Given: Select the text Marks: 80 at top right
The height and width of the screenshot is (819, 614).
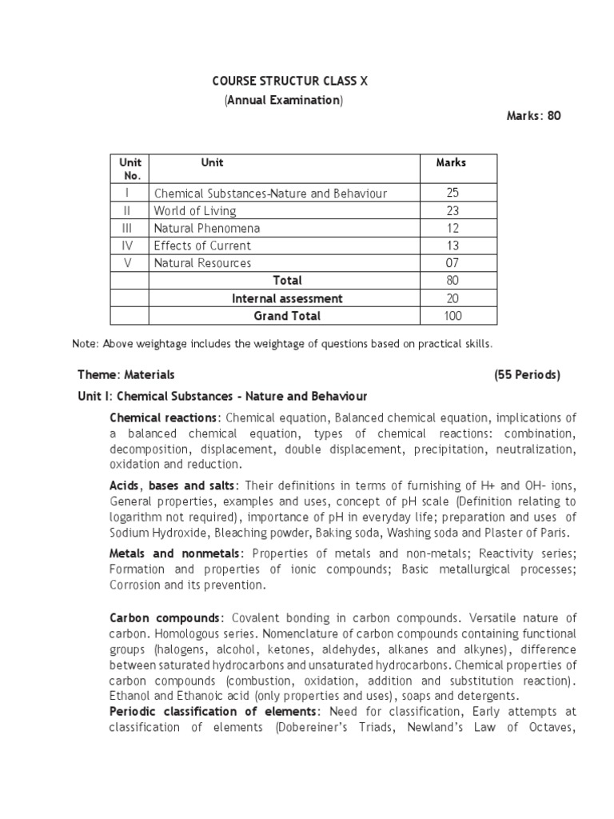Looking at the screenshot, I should coord(534,116).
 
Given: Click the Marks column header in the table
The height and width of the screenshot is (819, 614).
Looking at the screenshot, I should coord(451,162).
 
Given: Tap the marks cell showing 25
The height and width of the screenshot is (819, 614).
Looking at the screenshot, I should coord(453,194).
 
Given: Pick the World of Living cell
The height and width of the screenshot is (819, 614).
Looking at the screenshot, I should coord(195,211).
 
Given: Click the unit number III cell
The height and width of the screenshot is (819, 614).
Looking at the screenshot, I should coord(128,229).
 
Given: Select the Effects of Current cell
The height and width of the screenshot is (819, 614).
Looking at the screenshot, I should coord(202,246).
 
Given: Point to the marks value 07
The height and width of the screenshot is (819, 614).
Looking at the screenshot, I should coord(453,263).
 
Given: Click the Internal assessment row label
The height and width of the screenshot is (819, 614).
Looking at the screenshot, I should coord(287,298).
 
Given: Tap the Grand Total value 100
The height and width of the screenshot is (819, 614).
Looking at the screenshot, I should coord(453,316).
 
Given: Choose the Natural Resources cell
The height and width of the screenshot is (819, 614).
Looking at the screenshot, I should coord(202,263).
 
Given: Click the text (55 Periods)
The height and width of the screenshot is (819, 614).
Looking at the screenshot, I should coord(527,374).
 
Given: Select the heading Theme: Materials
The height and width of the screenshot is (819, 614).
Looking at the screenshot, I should coord(126,374).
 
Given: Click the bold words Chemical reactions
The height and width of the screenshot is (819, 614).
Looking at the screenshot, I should coord(163,417).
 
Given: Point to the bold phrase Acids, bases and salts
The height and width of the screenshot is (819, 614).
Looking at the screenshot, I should coord(172,486).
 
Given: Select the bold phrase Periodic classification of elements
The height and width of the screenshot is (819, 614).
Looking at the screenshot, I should coord(214,712).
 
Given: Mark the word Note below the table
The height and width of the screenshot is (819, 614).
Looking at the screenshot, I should coord(84,344).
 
